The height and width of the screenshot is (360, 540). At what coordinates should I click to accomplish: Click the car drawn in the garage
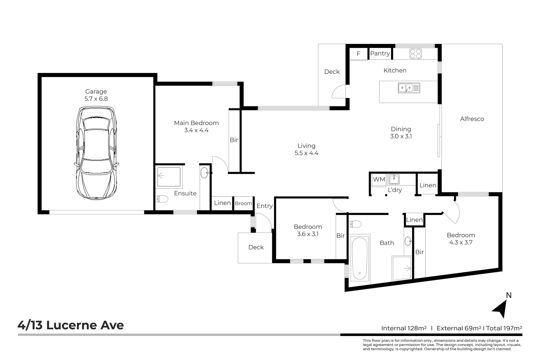point(96,153)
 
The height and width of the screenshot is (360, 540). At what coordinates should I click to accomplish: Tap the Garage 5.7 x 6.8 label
point(96,95)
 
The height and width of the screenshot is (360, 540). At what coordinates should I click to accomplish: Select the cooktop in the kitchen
point(415,53)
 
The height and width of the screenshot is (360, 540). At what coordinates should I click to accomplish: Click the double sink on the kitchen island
point(409,88)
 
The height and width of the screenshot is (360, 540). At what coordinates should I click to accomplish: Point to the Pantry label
point(380,53)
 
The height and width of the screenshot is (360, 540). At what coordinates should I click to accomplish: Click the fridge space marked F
point(359,54)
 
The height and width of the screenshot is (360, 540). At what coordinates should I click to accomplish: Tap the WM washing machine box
point(379,179)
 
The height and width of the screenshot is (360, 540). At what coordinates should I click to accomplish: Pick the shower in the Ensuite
point(169,177)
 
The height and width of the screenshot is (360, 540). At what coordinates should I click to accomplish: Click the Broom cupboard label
point(243,203)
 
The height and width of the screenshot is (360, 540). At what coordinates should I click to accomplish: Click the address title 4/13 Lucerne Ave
point(71,325)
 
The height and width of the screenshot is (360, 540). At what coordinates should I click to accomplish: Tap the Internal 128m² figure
point(404,328)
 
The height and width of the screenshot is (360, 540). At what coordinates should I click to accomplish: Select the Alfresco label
point(472,119)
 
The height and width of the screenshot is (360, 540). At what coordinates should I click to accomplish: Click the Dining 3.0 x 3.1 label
point(401,132)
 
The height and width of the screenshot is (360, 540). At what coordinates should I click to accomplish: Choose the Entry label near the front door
point(264,206)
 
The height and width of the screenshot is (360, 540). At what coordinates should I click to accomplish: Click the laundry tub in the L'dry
point(394,180)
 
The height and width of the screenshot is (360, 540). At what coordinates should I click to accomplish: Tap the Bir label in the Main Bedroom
point(234,140)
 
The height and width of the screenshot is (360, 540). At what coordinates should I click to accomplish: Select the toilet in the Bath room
point(355,224)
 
